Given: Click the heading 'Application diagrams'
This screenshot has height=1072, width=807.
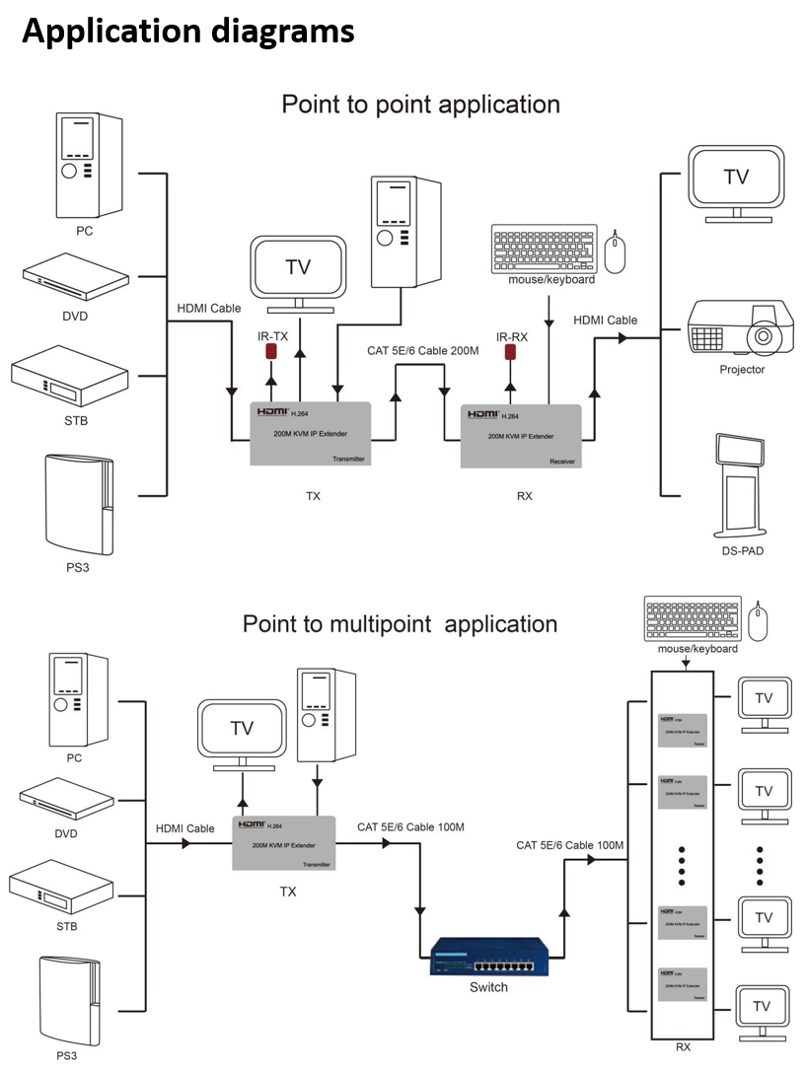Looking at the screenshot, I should [x=188, y=32].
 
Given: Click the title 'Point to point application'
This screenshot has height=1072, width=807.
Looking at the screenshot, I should [x=420, y=105].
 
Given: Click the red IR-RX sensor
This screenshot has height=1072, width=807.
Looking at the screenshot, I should [x=510, y=352].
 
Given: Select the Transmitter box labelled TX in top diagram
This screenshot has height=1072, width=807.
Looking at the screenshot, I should [x=310, y=433].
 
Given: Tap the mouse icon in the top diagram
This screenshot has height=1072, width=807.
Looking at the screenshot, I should [x=615, y=252].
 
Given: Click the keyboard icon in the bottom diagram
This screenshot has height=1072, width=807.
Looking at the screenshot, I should [x=692, y=618].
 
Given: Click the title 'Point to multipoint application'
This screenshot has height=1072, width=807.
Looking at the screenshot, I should [x=400, y=624].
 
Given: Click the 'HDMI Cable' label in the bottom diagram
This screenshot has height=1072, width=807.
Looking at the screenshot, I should [x=184, y=828].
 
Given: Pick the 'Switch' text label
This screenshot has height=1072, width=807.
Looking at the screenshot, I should [x=488, y=987].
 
